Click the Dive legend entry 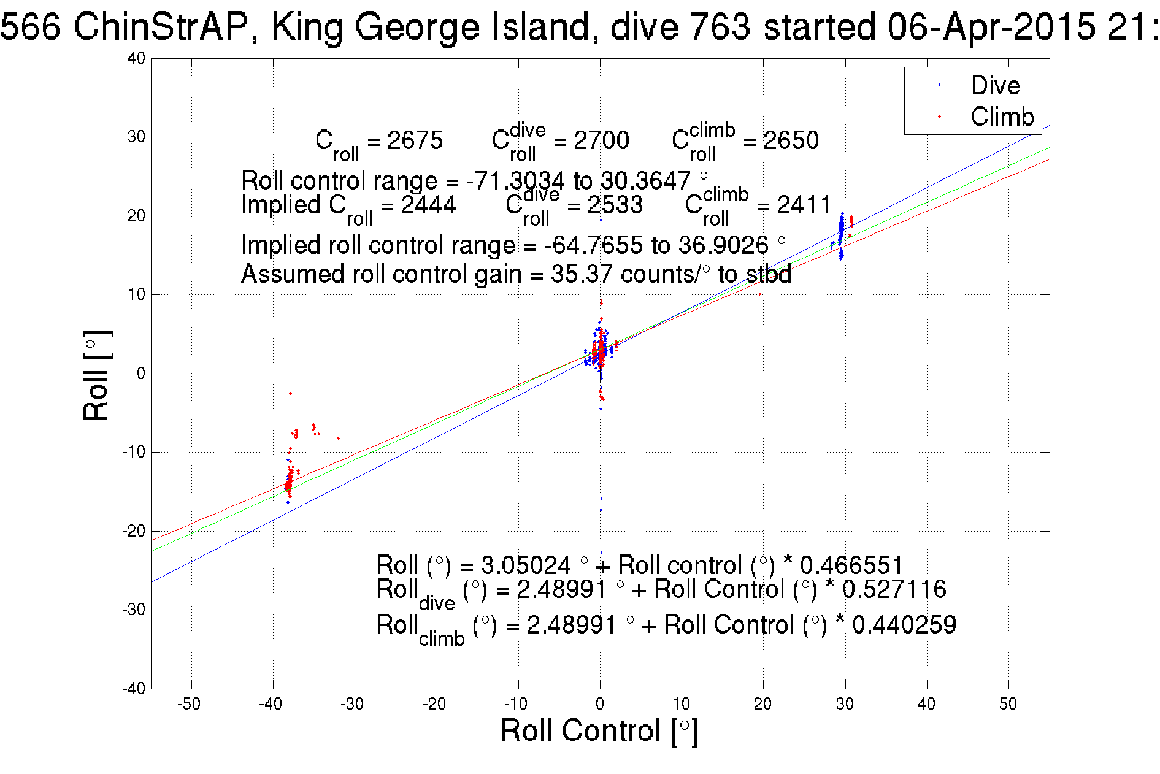[995, 85]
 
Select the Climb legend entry [1002, 117]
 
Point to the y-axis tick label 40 [137, 58]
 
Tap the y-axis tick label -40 [134, 688]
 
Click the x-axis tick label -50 [189, 704]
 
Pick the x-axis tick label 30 [845, 704]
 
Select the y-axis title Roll [96, 376]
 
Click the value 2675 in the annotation [415, 140]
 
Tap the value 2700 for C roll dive [601, 140]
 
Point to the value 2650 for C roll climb [791, 140]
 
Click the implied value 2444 [428, 205]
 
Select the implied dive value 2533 [615, 205]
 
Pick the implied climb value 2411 [804, 205]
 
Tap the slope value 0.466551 [851, 565]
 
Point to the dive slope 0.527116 [894, 589]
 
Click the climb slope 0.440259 [904, 625]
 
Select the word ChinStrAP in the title [161, 27]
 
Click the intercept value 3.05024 [525, 565]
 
